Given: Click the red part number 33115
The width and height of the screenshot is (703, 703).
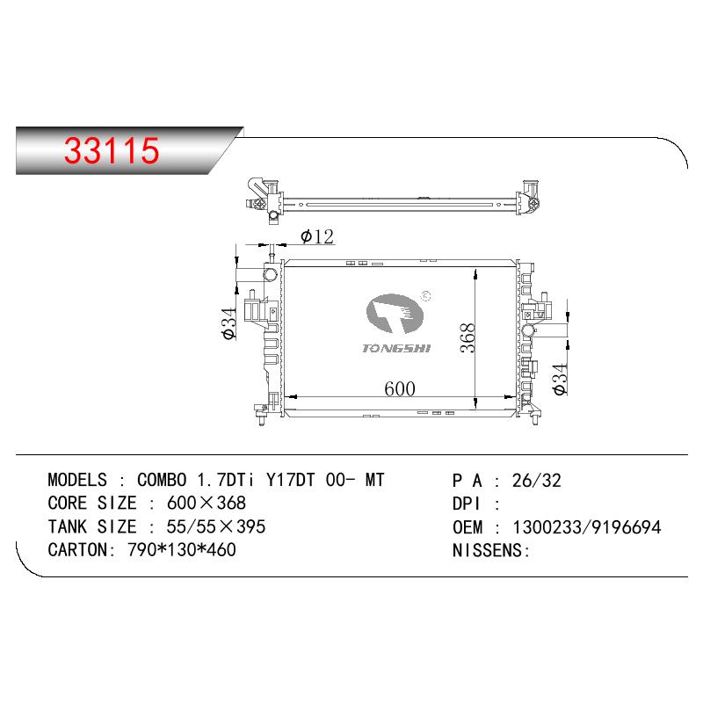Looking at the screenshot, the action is point(112,149).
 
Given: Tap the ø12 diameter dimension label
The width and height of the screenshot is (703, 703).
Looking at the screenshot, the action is point(317,236).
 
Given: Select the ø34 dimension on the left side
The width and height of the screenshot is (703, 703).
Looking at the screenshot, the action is point(228,323).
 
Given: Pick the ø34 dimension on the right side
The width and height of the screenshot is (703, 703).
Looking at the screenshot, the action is point(561,380).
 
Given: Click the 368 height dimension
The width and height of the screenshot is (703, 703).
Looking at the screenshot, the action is point(467,337).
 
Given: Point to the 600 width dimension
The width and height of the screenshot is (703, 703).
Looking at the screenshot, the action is point(400,388).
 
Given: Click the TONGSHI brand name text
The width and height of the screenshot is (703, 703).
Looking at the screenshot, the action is point(396,348).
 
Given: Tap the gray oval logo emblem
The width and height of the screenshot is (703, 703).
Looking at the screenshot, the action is point(395,314).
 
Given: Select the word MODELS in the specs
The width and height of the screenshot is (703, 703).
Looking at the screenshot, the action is point(77,480).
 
